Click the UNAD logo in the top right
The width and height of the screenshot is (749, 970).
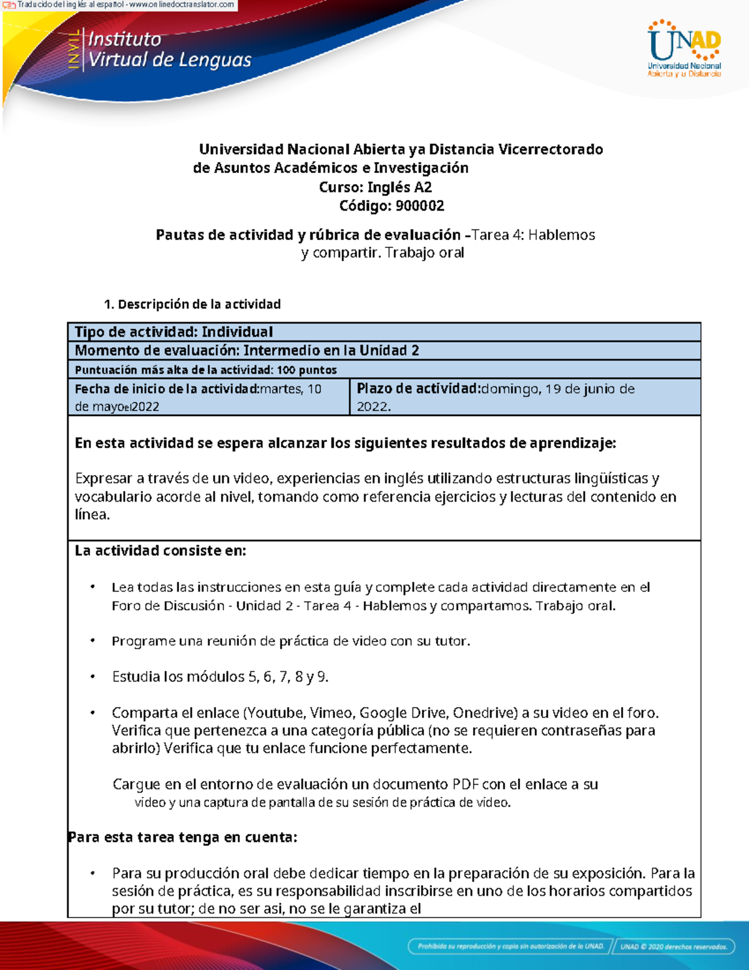[684, 49]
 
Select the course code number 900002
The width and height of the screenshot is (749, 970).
[419, 205]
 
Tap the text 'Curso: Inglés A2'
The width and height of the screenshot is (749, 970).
[375, 187]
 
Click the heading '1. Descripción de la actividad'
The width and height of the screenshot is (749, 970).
[192, 304]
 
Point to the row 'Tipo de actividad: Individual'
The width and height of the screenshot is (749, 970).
[174, 332]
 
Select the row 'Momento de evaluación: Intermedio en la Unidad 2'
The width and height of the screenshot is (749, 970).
[247, 350]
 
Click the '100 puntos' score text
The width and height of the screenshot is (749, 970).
[306, 370]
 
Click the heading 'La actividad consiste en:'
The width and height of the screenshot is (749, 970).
[160, 550]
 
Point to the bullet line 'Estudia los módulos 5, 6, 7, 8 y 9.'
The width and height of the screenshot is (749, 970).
[220, 676]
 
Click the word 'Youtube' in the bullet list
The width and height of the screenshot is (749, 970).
[275, 713]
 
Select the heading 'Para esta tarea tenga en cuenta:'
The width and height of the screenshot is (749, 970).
[182, 837]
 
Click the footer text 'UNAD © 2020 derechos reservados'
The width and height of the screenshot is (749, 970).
[673, 946]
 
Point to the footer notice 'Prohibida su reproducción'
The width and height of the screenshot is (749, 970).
[511, 946]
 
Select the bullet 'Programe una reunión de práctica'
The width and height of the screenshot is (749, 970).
[290, 641]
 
